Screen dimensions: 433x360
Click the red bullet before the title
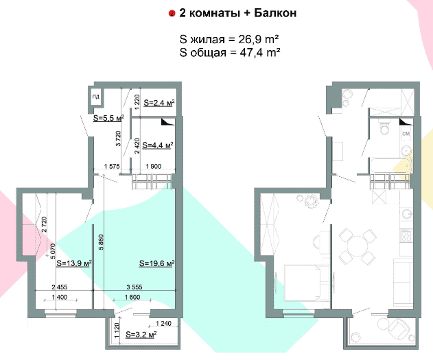[x=172, y=14]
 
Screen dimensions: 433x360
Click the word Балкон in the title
[x=275, y=13]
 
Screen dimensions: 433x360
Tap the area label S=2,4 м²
[x=159, y=103]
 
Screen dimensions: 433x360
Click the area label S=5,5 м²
[x=108, y=118]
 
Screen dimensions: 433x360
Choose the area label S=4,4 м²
[x=158, y=145]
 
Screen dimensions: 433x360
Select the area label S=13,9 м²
[x=74, y=263]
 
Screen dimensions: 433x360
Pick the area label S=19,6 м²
[x=157, y=263]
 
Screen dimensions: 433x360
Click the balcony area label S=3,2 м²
[x=141, y=335]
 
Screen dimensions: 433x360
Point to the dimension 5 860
[x=102, y=242]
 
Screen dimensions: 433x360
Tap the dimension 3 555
[x=134, y=287]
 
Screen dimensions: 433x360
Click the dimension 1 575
[x=112, y=166]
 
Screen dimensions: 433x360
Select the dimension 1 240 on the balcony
[x=164, y=323]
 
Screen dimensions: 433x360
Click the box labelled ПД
[x=96, y=97]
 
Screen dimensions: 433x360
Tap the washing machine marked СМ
[x=406, y=134]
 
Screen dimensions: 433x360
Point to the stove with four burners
[x=406, y=235]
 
